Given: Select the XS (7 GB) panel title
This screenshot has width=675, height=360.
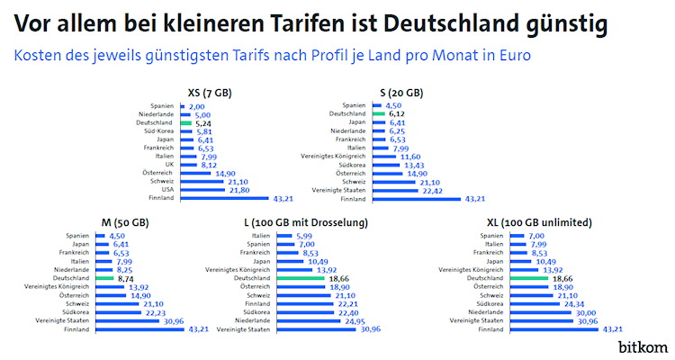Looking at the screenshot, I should (x=214, y=92).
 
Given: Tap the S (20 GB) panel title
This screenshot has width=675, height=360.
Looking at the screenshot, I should (x=401, y=92).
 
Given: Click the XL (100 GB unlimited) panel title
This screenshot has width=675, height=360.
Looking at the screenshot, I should (x=565, y=221).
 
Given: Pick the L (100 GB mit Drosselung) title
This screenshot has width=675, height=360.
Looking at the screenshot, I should (x=304, y=221).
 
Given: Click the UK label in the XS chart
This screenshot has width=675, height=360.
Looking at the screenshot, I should (x=168, y=165).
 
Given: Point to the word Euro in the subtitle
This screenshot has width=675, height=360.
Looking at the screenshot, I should (x=510, y=55).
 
